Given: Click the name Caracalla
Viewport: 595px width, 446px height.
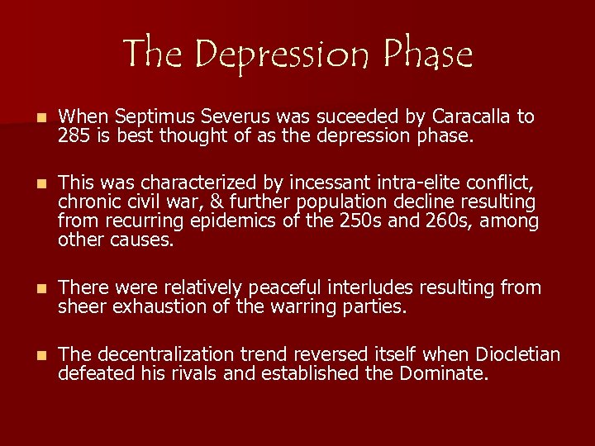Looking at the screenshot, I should click(x=472, y=117).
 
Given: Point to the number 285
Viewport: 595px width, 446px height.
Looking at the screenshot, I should click(x=72, y=135).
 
